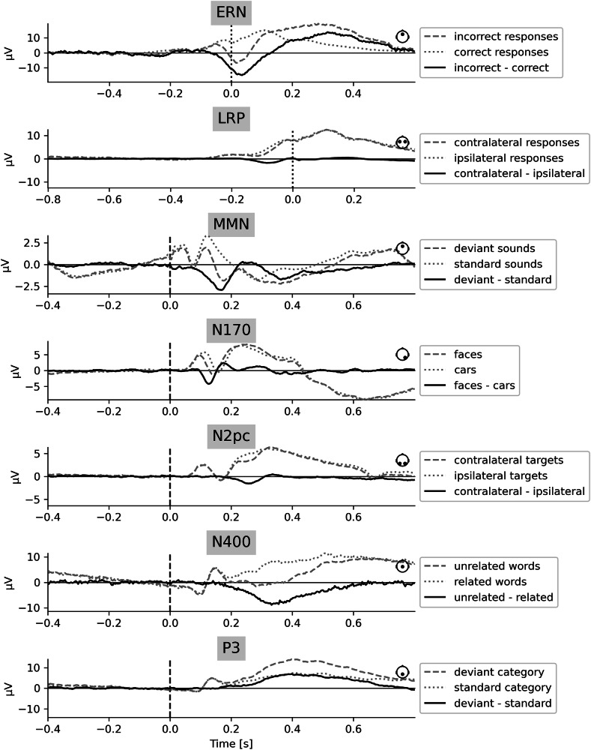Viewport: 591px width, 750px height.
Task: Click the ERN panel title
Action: (231, 13)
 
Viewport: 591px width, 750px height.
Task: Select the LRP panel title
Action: (231, 118)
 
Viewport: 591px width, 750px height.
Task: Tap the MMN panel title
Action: (231, 225)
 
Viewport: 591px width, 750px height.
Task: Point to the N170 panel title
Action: (231, 331)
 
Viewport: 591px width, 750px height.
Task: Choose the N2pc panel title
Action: (231, 436)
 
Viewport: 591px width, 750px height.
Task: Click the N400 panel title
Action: (231, 543)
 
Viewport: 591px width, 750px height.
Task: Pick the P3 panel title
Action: (231, 649)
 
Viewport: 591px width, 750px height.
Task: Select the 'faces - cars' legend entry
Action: (482, 386)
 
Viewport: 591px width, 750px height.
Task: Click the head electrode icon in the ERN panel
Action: (403, 36)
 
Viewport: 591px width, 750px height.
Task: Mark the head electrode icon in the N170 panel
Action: (403, 354)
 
